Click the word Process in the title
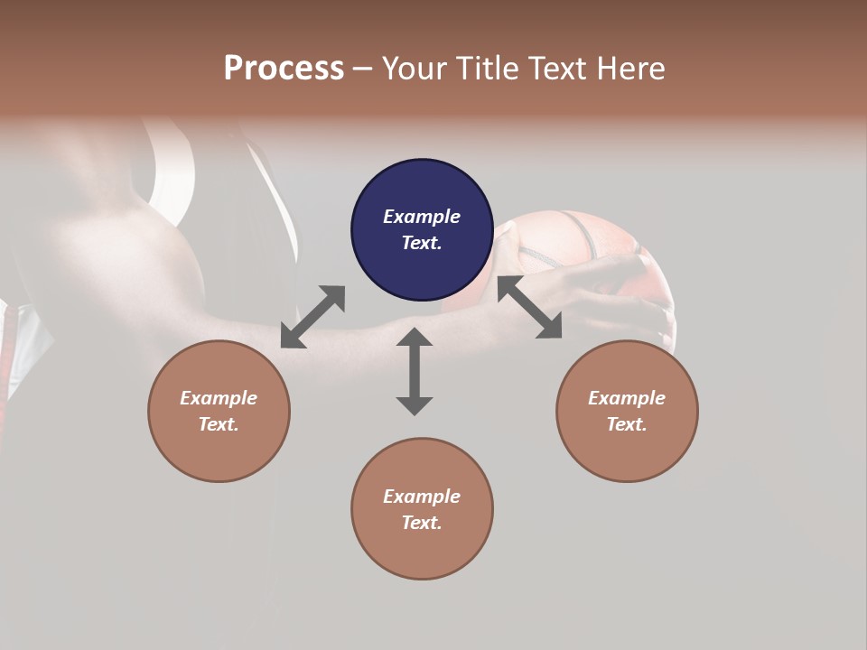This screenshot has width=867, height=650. [x=284, y=69]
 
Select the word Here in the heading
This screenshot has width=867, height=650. [x=629, y=69]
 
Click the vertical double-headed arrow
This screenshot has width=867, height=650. [x=415, y=371]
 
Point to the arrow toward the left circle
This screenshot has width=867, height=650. [x=312, y=317]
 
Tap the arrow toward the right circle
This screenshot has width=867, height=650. [x=529, y=308]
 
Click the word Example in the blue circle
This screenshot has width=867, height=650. [x=422, y=217]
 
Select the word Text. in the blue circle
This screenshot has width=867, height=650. [x=422, y=243]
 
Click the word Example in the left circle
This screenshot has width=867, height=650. [x=219, y=398]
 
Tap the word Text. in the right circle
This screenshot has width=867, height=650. [x=627, y=424]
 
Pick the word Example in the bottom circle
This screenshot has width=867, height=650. [x=422, y=497]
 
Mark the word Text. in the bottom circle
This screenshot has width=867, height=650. [x=422, y=523]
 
